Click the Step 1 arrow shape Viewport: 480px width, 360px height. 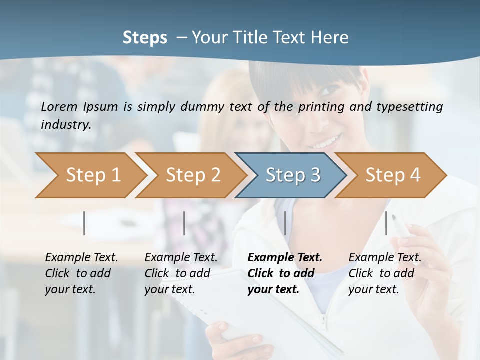(x=90, y=175)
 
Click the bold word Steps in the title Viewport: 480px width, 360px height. (x=145, y=38)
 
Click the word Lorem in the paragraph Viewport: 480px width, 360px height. (x=59, y=106)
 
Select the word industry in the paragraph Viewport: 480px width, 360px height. (x=65, y=125)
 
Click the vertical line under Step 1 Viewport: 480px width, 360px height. (x=84, y=223)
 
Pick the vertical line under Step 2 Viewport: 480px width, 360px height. (x=184, y=223)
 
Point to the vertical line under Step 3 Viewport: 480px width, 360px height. (x=285, y=223)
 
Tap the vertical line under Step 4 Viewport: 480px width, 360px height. (x=386, y=223)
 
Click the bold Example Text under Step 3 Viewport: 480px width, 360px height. (x=285, y=258)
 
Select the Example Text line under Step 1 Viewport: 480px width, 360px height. (x=81, y=258)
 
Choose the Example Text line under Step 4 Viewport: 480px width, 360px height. (x=385, y=258)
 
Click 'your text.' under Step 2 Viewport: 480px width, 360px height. (x=170, y=289)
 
